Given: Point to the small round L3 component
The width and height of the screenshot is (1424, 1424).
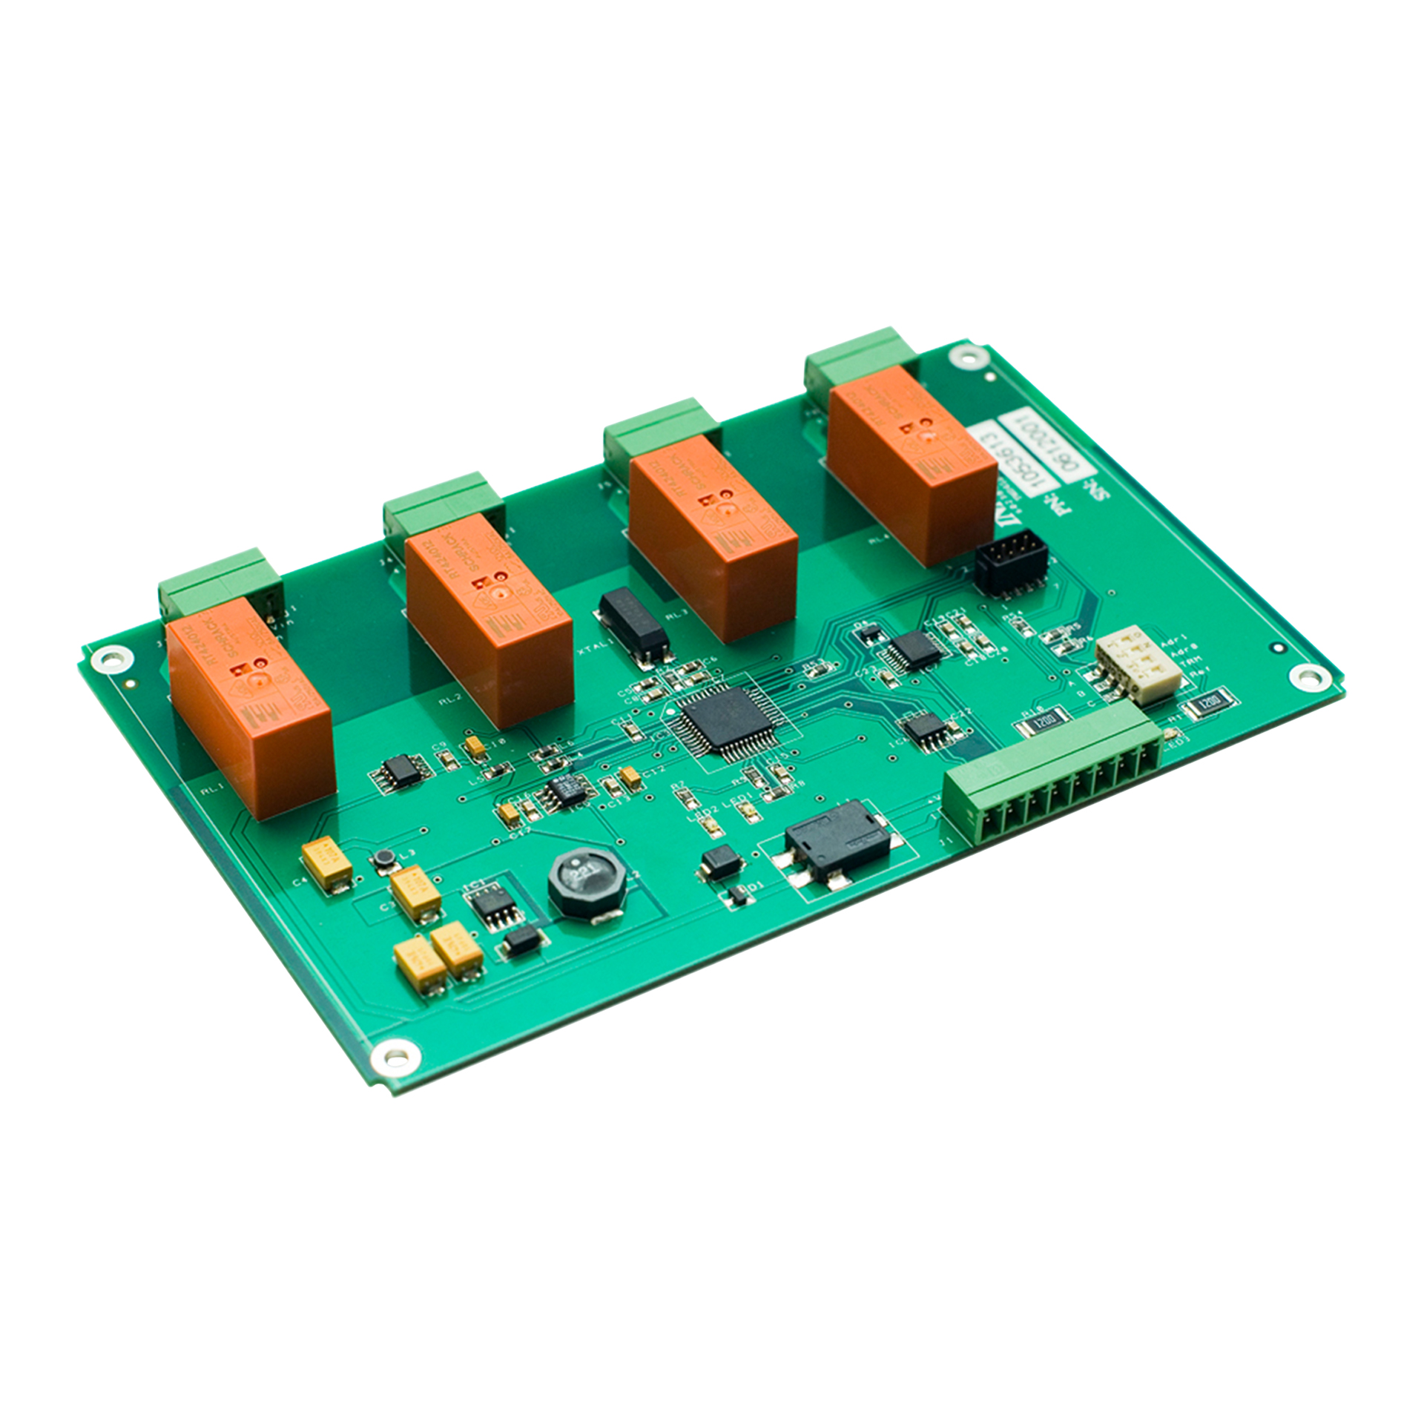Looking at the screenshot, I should pos(383,858).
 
